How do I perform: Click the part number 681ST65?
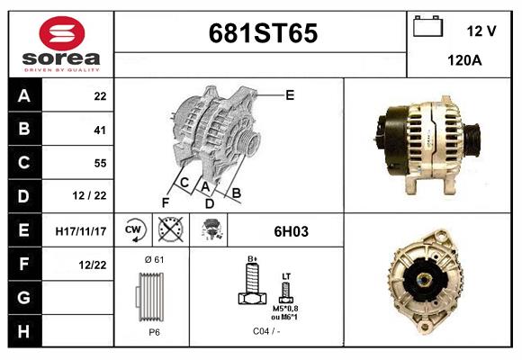262,34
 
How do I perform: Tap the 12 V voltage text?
481,31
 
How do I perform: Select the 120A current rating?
465,61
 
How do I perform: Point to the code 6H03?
291,231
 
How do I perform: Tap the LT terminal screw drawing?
286,291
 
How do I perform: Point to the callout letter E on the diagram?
290,94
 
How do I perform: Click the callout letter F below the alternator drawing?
165,202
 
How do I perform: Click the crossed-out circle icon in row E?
169,230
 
